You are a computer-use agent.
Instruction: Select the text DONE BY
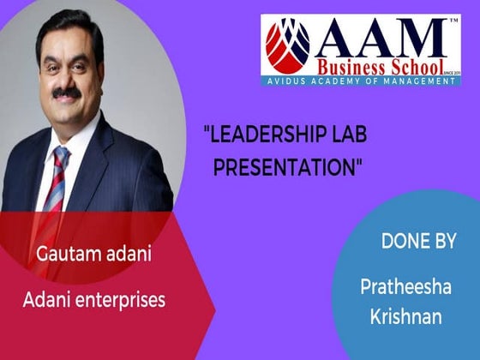[x=418, y=242]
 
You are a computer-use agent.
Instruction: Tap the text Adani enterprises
[x=100, y=300]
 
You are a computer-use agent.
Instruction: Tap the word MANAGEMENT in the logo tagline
[x=417, y=81]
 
